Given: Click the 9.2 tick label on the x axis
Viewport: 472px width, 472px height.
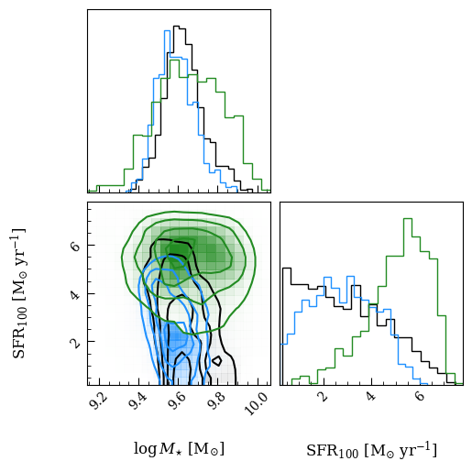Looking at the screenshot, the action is pyautogui.click(x=99, y=401).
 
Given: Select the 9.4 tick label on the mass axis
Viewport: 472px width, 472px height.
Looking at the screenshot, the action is pyautogui.click(x=138, y=401).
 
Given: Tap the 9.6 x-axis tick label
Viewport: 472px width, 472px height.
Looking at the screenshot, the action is pyautogui.click(x=178, y=401).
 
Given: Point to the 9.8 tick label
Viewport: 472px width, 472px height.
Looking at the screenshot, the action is pyautogui.click(x=217, y=401).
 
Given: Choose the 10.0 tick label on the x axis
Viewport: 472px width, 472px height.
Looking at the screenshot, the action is pyautogui.click(x=256, y=403).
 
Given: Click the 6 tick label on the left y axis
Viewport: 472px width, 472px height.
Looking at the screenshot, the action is pyautogui.click(x=75, y=246).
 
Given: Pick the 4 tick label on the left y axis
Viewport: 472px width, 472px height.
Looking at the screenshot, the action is pyautogui.click(x=75, y=294).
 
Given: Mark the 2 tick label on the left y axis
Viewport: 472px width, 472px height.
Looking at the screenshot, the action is pyautogui.click(x=75, y=342).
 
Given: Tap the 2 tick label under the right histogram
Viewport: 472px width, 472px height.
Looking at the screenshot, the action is pyautogui.click(x=323, y=396).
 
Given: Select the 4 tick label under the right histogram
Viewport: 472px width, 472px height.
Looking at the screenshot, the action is pyautogui.click(x=371, y=396).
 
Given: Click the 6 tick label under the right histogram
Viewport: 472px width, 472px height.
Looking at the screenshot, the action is pyautogui.click(x=420, y=396).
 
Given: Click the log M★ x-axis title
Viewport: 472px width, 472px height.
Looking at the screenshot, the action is pyautogui.click(x=179, y=449).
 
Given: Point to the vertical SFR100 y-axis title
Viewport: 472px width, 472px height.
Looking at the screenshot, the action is pyautogui.click(x=19, y=292).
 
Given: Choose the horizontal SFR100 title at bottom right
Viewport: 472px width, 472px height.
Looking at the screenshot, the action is pyautogui.click(x=371, y=450).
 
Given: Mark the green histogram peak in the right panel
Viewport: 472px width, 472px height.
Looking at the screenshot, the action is pyautogui.click(x=408, y=218).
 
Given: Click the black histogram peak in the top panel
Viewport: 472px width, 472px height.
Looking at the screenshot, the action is pyautogui.click(x=176, y=27).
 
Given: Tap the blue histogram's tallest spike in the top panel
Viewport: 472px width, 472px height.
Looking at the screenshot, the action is pyautogui.click(x=167, y=30).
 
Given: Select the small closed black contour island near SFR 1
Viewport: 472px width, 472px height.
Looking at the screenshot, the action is pyautogui.click(x=217, y=361).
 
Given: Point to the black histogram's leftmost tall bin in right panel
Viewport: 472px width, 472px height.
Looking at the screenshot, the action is pyautogui.click(x=287, y=269).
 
